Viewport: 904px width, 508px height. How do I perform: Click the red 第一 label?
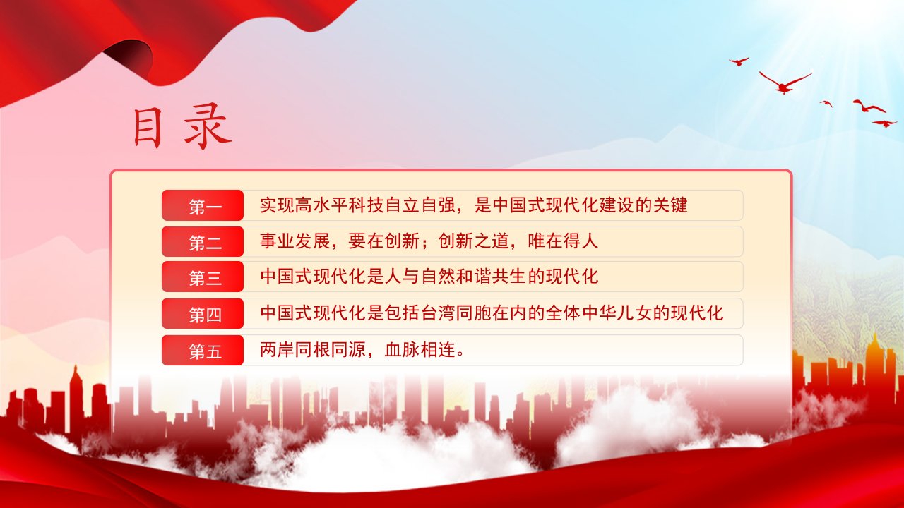(203, 205)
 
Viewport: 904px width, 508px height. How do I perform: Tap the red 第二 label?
(203, 242)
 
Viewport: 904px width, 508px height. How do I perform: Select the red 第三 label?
(203, 277)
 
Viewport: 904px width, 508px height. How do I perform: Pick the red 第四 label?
(203, 314)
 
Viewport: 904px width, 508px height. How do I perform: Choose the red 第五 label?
(203, 351)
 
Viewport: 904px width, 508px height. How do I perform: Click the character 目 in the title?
(148, 128)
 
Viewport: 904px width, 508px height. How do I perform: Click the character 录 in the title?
(208, 126)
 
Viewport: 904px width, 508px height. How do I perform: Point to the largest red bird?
(785, 83)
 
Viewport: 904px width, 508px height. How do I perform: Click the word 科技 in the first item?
(357, 205)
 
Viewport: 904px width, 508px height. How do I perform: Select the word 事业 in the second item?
(277, 241)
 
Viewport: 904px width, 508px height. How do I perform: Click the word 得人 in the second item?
(581, 241)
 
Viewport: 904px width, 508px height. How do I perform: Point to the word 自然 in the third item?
(439, 277)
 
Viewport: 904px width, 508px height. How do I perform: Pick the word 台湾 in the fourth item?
(439, 313)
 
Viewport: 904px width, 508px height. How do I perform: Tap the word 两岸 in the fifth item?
(277, 349)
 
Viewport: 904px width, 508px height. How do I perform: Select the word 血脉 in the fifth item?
(402, 349)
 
